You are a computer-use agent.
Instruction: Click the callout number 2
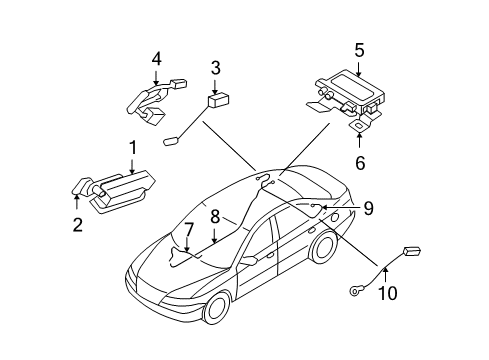(x=77, y=225)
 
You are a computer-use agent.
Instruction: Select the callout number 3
(x=215, y=68)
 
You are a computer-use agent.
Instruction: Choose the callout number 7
(x=187, y=230)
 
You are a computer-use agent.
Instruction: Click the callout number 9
(x=368, y=208)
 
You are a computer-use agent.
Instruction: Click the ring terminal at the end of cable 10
(x=357, y=290)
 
